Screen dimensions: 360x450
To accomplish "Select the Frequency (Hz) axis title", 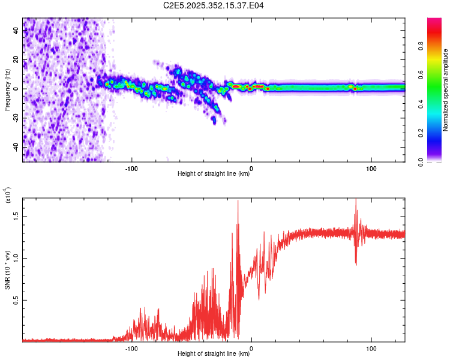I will coord(7,90).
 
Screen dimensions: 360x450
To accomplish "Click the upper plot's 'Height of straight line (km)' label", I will coord(213,174).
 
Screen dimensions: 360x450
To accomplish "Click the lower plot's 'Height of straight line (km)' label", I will coord(213,353).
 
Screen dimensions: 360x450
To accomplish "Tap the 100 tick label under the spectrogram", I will coord(371,169).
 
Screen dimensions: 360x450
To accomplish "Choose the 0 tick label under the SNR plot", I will coord(251,348).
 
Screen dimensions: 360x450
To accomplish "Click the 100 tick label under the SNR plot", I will coord(371,348).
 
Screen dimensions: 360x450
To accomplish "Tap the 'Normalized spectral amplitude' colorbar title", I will coord(445,90).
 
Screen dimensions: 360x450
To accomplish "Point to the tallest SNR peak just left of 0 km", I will coord(238,202).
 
